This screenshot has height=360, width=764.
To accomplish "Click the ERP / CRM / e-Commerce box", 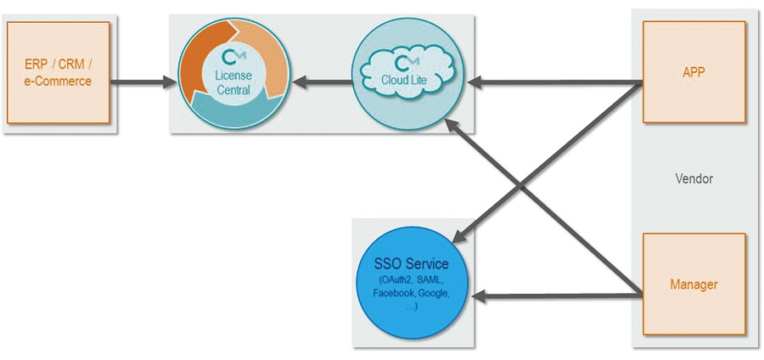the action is point(59,72).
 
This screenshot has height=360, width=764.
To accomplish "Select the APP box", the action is point(694,71).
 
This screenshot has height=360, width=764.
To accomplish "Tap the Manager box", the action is point(694,284).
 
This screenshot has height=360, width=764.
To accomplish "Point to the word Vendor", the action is point(694,179).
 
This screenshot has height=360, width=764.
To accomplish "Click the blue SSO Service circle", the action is point(411,283).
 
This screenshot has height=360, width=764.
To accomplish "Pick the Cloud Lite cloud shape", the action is point(407,74).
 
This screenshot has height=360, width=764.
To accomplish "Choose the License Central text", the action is point(233,83).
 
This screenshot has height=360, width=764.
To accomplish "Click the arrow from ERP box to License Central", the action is point(143,82).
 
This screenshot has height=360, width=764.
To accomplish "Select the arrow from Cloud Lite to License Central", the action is point(322,82).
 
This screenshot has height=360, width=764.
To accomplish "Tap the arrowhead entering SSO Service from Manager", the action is point(480,296).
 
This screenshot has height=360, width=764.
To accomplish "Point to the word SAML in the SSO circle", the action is point(430,282).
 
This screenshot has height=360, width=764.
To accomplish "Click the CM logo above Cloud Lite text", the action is point(407,64).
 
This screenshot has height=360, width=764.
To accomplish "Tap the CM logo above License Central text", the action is point(233,58).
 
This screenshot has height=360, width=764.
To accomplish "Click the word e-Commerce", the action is point(59,81).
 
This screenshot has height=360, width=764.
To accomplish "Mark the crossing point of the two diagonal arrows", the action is point(521,186).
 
